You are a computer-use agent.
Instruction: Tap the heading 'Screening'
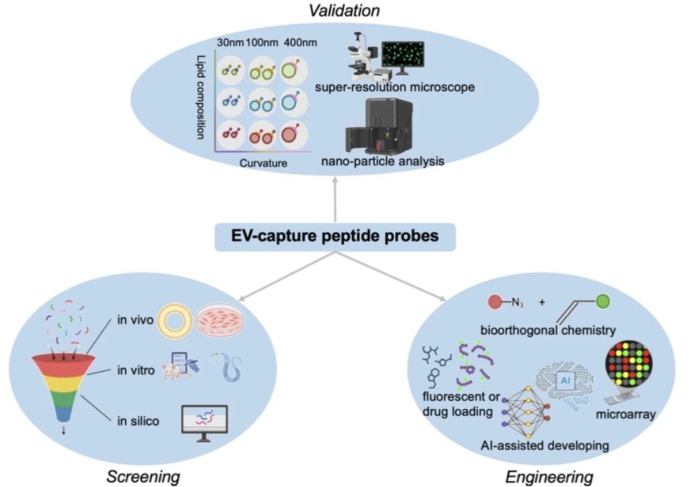144,476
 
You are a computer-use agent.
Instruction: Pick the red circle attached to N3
498,302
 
